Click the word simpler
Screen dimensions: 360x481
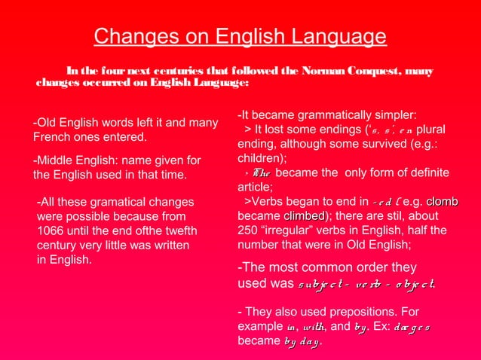(393, 115)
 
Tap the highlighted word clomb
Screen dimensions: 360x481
(442, 202)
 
